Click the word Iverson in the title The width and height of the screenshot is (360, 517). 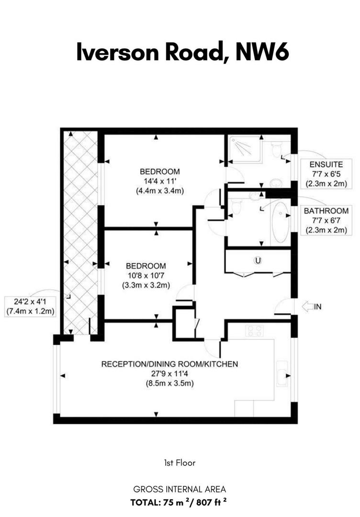117,52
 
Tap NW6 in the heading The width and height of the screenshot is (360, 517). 262,52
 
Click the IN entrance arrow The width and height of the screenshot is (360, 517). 308,307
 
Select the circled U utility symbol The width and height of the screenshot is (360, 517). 258,260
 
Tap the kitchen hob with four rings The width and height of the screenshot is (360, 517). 254,331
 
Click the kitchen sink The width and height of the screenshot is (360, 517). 282,373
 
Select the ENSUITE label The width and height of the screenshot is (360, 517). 326,164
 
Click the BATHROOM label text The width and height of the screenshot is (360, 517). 326,211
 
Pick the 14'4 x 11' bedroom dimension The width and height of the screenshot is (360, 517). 160,181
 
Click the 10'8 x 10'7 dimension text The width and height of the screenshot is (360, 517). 146,275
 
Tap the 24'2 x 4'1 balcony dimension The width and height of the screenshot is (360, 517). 30,301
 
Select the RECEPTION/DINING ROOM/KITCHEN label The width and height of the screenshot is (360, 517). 169,364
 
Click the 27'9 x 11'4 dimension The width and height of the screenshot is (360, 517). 169,373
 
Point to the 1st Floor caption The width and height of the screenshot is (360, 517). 180,463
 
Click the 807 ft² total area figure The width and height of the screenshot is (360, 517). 211,502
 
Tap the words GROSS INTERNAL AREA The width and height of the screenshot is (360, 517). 180,489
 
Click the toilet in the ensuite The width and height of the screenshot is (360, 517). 276,150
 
